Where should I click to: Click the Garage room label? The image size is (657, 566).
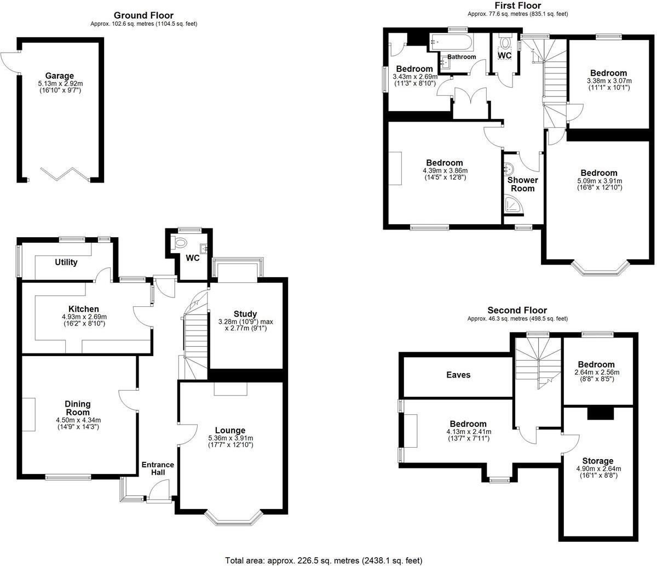(60, 76)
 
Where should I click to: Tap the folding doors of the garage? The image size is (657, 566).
(64, 175)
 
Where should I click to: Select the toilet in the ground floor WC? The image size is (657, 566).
(180, 242)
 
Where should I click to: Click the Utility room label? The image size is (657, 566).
(66, 262)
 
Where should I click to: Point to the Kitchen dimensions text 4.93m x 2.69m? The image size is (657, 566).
(84, 317)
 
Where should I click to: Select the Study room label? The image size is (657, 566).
(245, 314)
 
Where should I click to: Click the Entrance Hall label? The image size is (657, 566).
(158, 469)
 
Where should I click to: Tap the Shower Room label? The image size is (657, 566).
(522, 184)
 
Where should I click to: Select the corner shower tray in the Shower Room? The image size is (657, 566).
(513, 205)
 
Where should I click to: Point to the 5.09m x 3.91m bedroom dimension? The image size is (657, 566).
(599, 181)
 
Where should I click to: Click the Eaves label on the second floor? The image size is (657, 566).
(457, 375)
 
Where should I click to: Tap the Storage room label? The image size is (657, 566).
(598, 461)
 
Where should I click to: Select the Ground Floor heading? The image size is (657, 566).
(143, 15)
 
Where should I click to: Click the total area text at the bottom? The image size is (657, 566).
(324, 560)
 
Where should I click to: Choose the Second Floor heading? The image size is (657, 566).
(517, 310)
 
